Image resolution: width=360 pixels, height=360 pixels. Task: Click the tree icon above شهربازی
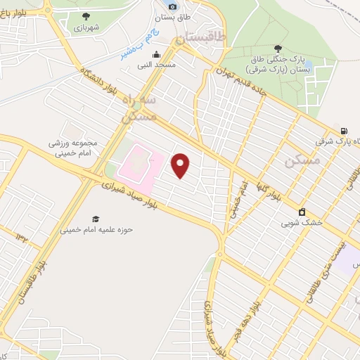pos(86,15)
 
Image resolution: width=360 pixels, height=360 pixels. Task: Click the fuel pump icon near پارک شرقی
pos(343,130)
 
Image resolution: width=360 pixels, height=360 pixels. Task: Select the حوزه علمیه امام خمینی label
pos(96,229)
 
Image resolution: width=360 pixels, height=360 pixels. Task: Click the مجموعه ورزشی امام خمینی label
pos(77,147)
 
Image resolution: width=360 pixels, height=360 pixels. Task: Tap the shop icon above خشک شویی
pos(302,212)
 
